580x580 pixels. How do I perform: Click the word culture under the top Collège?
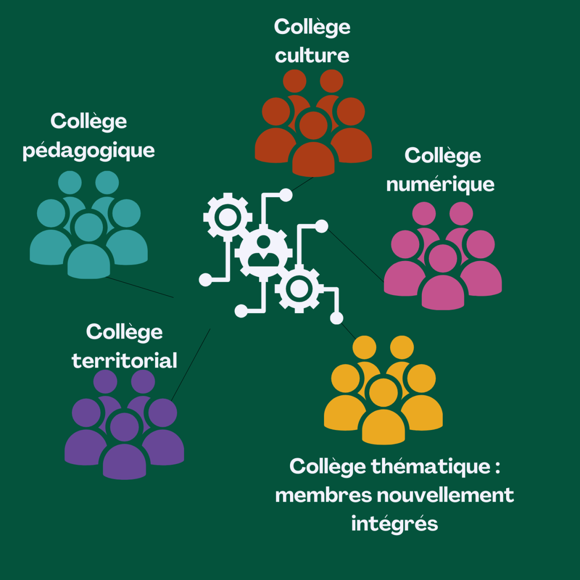tap(312, 56)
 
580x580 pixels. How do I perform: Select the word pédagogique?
tap(89, 151)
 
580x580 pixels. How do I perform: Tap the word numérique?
tap(440, 185)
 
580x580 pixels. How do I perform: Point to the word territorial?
tap(124, 361)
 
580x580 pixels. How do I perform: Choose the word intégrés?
tap(394, 524)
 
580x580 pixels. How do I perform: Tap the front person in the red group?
tap(314, 150)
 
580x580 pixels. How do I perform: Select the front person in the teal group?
tap(89, 251)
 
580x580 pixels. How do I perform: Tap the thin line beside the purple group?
tap(190, 365)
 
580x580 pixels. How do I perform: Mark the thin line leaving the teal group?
tap(140, 287)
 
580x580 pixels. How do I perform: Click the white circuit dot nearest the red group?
tap(285, 195)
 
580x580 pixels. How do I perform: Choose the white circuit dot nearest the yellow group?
tap(336, 318)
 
